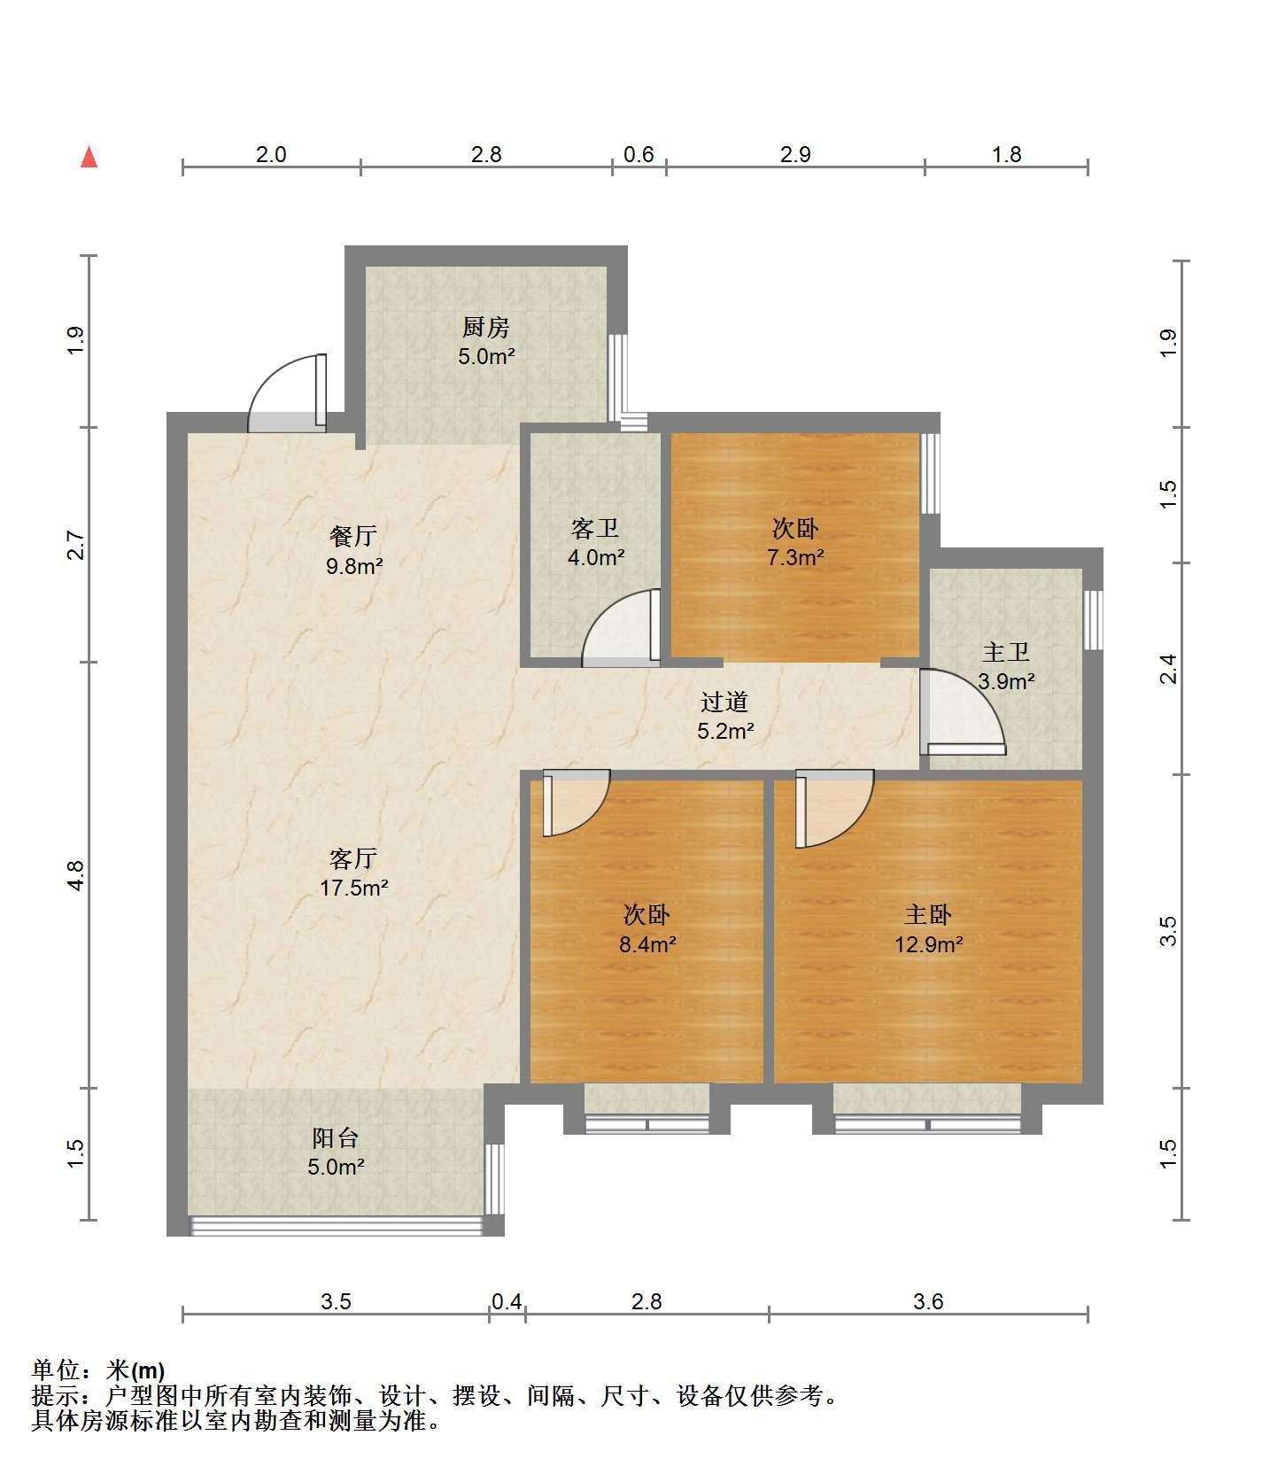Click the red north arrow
pos(89,157)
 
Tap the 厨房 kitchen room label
pos(486,328)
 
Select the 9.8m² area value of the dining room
pos(354,566)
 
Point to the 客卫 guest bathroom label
pos(595,529)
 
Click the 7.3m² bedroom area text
pos(795,558)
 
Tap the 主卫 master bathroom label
pos(1006,653)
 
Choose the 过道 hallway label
pos(724,702)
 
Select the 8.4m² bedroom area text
pos(647,944)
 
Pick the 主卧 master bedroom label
pos(927,914)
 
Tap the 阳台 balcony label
pos(336,1137)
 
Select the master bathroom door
pos(962,710)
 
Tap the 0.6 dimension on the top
pos(639,154)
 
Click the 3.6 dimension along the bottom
pos(928,1301)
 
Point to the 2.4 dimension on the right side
pos(1168,668)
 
